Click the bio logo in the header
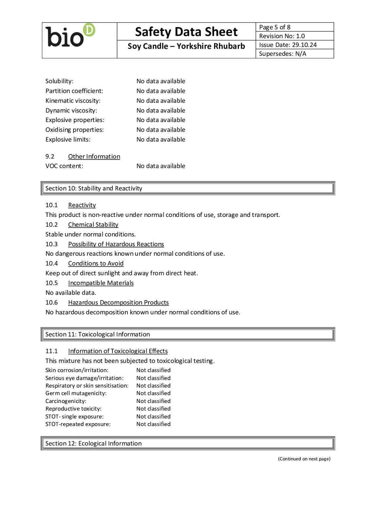coord(70,36)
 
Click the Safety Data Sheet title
coord(186,32)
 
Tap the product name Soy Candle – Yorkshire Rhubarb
coord(186,46)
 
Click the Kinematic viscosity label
coord(73,100)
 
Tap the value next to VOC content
coord(160,166)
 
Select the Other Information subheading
coord(94,156)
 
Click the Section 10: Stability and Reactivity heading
coord(94,188)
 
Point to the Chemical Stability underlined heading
coord(93,225)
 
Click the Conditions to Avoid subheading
coord(96,264)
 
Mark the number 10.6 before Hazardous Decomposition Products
coord(52,303)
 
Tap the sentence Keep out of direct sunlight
coord(122,273)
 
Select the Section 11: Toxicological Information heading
coord(97,334)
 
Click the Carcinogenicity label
coord(66,401)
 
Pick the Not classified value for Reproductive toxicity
coord(153,409)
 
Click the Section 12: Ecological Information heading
coord(93,443)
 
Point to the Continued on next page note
coord(304,459)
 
